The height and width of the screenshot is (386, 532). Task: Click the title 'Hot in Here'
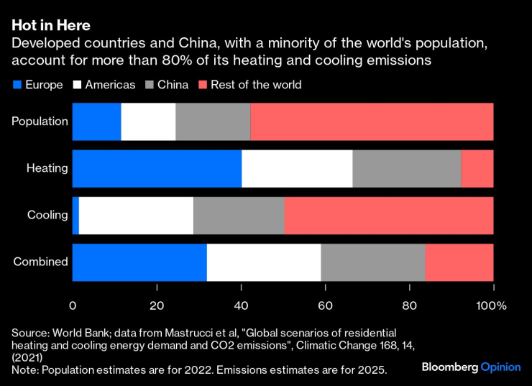[x=50, y=26]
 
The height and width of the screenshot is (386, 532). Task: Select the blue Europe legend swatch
[x=16, y=85]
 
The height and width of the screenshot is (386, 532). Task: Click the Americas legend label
[x=110, y=85]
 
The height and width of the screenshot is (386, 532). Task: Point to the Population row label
[x=40, y=121]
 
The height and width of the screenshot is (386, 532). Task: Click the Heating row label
[x=47, y=168]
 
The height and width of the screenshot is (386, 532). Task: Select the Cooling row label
[x=47, y=215]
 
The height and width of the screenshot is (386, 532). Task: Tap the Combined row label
[x=41, y=262]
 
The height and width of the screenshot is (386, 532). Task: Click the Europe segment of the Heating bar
[x=157, y=168]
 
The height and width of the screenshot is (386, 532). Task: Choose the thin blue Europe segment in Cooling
[x=75, y=215]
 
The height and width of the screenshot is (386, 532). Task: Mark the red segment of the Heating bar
[x=477, y=168]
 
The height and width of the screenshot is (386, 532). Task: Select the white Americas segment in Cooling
[x=136, y=215]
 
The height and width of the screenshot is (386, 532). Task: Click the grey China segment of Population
[x=213, y=121]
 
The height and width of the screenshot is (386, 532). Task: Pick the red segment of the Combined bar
[x=459, y=262]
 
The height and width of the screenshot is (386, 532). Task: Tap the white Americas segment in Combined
[x=264, y=262]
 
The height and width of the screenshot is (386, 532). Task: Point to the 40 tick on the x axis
[x=241, y=305]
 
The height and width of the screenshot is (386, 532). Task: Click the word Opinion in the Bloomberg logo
[x=500, y=367]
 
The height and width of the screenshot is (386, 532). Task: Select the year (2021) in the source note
[x=27, y=357]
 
